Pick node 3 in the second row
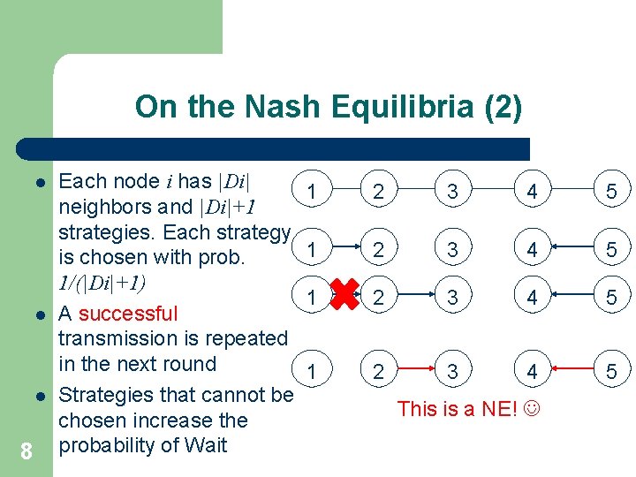[452, 251]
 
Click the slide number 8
[26, 452]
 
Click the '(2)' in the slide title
[503, 108]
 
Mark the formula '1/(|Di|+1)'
[102, 284]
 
